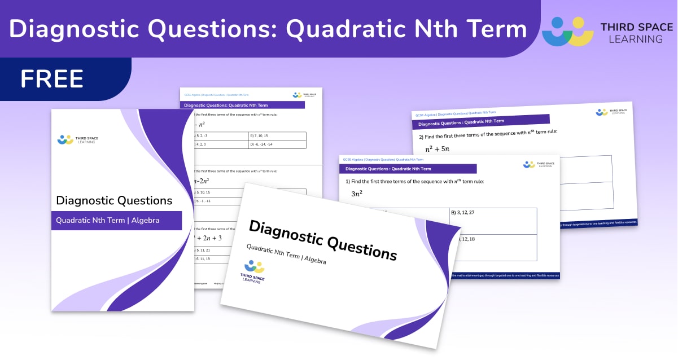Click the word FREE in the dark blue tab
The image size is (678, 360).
pos(52,79)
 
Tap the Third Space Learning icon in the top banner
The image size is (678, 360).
pos(567,31)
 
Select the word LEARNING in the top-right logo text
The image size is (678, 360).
pos(632,39)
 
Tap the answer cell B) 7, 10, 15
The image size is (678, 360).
pos(277,136)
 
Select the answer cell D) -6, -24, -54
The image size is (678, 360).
pos(277,144)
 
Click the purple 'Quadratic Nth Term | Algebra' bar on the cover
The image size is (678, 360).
pos(116,221)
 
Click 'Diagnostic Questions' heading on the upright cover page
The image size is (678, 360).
pos(114,200)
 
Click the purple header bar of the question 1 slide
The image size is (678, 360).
pos(408,169)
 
